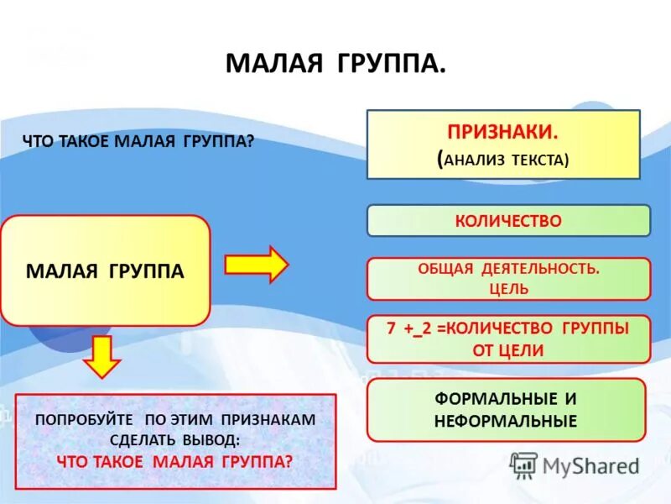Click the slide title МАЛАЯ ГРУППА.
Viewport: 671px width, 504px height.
335,65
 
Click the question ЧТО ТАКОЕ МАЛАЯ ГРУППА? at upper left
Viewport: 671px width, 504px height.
138,142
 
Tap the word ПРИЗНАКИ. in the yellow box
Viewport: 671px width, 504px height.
503,133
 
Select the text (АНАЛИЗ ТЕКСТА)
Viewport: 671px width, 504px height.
503,160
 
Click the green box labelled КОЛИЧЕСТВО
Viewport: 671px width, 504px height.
508,221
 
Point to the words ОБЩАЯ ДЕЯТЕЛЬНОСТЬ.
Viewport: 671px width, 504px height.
508,270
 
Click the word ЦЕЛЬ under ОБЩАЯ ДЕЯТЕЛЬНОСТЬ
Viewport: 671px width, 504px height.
508,289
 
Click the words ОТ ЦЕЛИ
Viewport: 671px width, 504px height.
508,351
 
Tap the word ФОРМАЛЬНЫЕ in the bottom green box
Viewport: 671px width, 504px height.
506,398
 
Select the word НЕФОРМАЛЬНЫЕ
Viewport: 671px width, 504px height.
506,421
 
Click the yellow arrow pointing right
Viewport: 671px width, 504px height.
256,265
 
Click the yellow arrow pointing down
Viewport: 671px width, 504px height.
102,355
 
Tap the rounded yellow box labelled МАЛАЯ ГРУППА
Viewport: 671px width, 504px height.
105,270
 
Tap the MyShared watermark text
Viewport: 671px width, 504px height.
591,465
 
